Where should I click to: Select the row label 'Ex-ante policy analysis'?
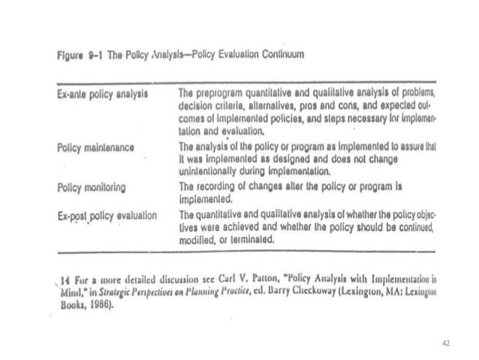point(101,93)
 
